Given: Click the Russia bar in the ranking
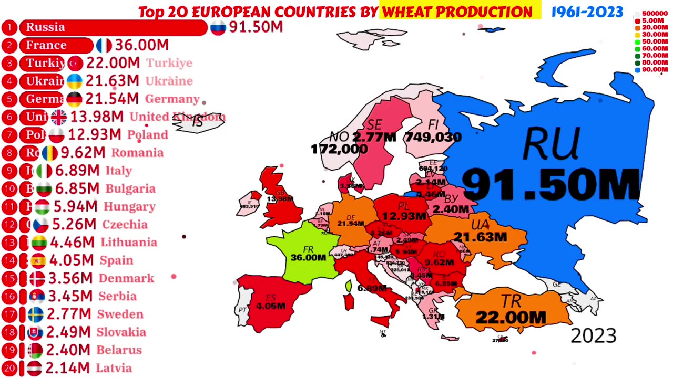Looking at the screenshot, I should point(113,27).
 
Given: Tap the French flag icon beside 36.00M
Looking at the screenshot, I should point(104,46).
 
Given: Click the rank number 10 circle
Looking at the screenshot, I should point(9,189).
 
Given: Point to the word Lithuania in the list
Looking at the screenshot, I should point(129,243).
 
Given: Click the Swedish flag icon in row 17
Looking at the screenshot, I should point(36,314).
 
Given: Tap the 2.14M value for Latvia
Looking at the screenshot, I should point(67,369).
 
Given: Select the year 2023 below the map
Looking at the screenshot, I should point(593,336).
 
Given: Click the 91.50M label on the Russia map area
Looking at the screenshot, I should point(551,184).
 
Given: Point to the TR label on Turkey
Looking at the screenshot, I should point(511,301).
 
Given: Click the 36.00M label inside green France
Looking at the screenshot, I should point(308,258).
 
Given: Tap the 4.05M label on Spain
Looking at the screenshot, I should point(271,306).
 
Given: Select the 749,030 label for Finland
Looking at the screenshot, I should point(433,138).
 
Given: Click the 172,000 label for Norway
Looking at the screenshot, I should point(339,149).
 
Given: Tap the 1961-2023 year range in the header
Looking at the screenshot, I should point(587,12).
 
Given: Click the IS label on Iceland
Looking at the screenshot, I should point(197,123).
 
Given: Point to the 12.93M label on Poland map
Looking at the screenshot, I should point(404,216).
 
